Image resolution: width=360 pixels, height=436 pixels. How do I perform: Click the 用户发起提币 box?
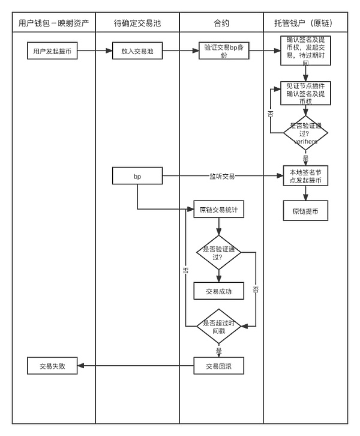[52, 51]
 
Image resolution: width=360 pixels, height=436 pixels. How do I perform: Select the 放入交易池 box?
[137, 51]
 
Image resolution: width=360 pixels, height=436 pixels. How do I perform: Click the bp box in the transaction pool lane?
[137, 177]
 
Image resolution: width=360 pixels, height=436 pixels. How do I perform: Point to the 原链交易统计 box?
[218, 210]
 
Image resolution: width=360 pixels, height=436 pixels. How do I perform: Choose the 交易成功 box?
[218, 291]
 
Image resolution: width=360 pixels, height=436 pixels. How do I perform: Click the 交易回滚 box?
[218, 366]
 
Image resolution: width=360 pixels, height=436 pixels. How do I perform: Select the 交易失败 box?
[52, 366]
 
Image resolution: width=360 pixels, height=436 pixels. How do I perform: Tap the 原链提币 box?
[305, 211]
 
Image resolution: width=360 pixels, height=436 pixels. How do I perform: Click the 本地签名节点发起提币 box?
[305, 176]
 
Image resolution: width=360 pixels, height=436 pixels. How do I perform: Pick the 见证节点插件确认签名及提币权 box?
[305, 93]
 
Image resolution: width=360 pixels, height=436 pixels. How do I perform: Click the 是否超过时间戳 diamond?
[219, 326]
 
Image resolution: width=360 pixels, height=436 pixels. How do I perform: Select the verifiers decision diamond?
[305, 133]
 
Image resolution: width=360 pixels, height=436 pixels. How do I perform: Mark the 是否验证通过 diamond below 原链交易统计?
[219, 252]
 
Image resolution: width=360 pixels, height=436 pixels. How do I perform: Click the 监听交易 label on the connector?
[221, 177]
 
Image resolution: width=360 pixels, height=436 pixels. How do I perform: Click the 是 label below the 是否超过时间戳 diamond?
[218, 349]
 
